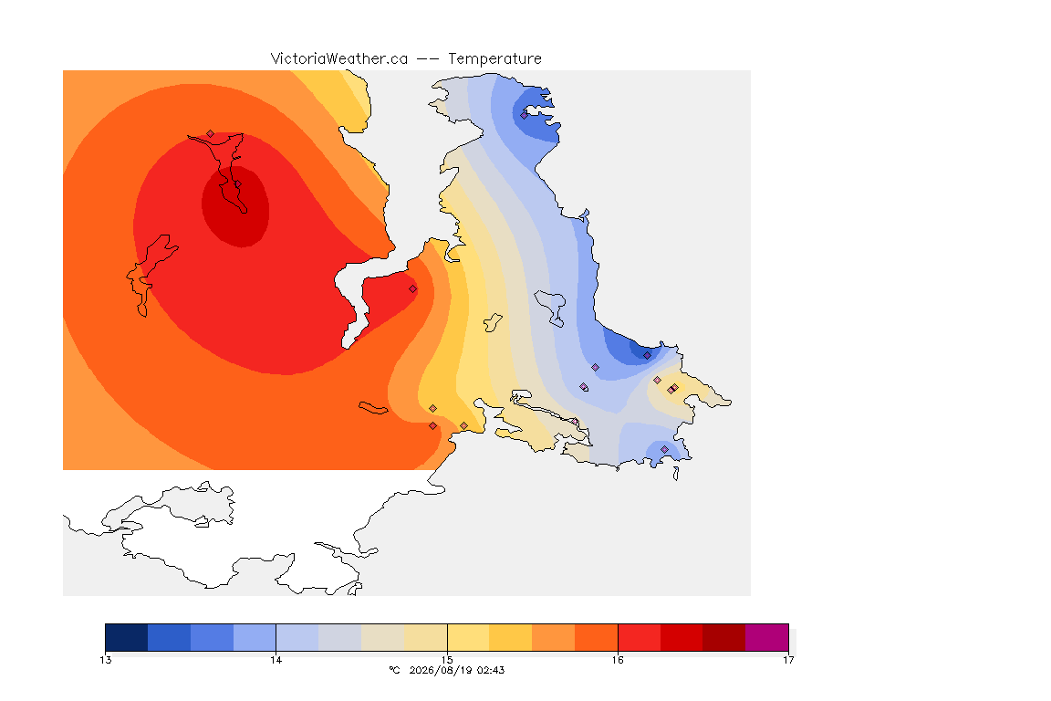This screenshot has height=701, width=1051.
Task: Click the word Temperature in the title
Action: coord(494,59)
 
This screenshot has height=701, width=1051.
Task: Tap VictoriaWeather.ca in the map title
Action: coord(339,59)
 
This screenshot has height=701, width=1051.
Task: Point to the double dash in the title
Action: coord(428,59)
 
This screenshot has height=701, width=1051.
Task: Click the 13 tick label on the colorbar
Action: coord(105,660)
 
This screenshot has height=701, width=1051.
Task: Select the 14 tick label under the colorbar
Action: coord(276,660)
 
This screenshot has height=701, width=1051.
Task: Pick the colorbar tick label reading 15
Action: coord(447,660)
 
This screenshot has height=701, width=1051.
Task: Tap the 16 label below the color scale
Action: coord(618,660)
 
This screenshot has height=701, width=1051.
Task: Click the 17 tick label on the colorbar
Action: coord(788,660)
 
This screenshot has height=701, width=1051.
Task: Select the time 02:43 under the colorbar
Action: coord(491,670)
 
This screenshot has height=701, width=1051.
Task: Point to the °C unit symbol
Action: coord(395,670)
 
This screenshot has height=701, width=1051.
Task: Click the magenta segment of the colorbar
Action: coord(766,637)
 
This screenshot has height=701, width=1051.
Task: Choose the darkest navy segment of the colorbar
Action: coord(127,637)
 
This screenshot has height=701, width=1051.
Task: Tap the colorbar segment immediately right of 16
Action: coord(640,637)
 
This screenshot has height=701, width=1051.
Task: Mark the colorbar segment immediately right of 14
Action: coord(297,637)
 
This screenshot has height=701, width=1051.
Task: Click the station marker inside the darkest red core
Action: coord(237,183)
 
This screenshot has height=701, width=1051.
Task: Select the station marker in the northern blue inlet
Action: coord(525,115)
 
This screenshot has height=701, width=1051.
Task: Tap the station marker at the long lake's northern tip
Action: coord(211,134)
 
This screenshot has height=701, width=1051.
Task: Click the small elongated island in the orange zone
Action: coord(373,408)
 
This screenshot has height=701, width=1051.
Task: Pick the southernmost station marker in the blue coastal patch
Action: coord(665,449)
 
